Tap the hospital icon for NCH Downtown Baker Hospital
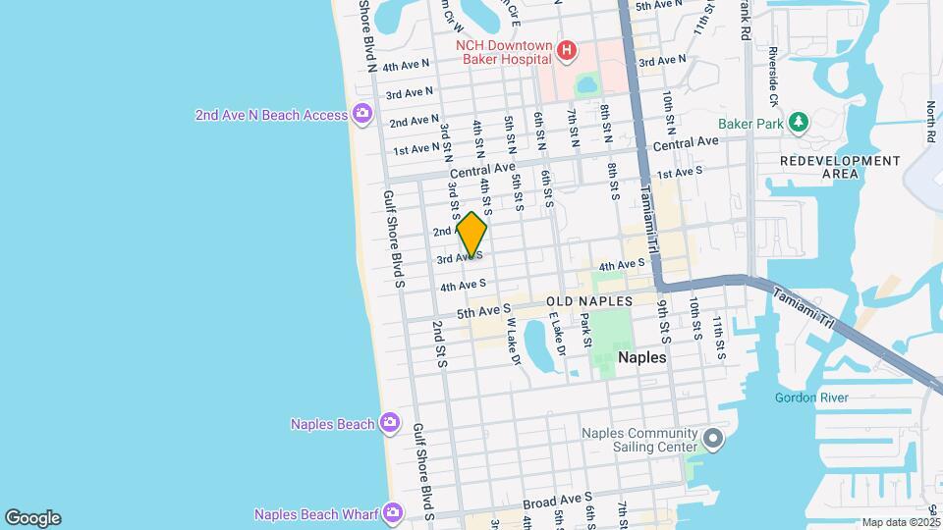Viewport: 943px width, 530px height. pyautogui.click(x=566, y=50)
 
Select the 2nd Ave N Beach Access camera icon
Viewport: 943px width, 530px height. pyautogui.click(x=361, y=115)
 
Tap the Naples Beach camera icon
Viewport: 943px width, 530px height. pyautogui.click(x=390, y=423)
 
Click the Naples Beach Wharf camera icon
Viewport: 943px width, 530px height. pyautogui.click(x=393, y=513)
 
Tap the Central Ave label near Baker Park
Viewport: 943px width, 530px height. pyautogui.click(x=686, y=142)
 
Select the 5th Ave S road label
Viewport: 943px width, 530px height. pyautogui.click(x=484, y=311)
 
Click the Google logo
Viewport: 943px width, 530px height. pyautogui.click(x=32, y=517)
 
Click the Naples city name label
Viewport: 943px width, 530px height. pyautogui.click(x=641, y=358)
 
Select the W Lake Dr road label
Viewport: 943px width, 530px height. pyautogui.click(x=512, y=346)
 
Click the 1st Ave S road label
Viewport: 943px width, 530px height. pyautogui.click(x=680, y=172)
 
